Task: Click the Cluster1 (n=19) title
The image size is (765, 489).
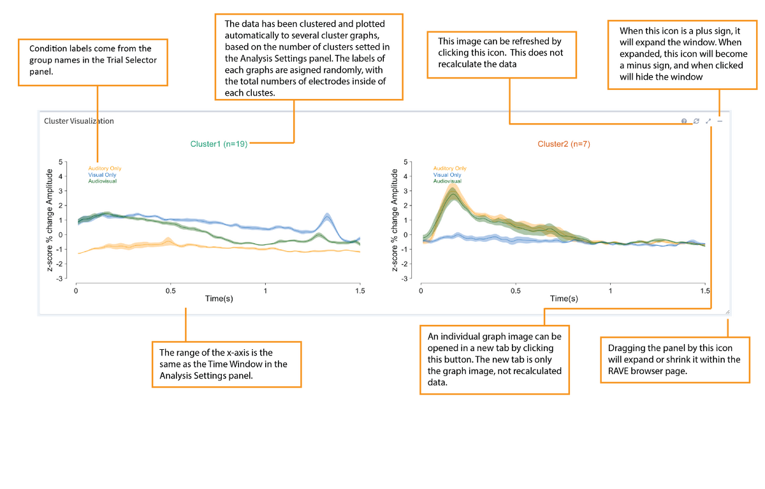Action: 219,144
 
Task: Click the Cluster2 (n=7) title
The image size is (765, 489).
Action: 564,144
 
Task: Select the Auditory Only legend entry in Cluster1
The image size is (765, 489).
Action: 104,169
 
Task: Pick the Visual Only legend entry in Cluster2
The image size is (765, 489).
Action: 447,175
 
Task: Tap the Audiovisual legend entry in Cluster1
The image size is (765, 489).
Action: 102,181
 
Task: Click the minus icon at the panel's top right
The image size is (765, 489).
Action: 720,121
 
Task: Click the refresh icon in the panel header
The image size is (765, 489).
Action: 696,121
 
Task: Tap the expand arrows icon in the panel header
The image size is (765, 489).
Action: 708,121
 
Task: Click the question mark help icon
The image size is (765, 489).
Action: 684,121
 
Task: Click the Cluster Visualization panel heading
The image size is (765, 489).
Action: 78,121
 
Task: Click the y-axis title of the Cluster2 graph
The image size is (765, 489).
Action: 396,220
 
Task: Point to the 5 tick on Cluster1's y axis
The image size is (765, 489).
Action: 60,162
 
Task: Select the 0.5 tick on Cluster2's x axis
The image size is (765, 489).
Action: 515,291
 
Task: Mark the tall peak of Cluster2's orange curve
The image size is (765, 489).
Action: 453,186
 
